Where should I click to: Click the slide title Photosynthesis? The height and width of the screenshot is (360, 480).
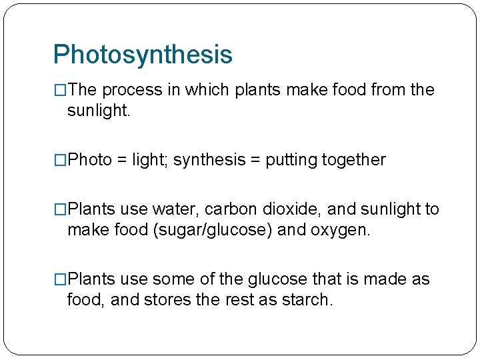(143, 55)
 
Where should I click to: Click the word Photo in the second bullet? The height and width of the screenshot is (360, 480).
(90, 160)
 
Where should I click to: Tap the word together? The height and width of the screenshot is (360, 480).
(353, 160)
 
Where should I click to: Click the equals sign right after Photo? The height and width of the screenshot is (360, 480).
(121, 160)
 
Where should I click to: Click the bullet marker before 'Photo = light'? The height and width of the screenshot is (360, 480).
(61, 160)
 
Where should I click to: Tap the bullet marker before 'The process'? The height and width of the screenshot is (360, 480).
(61, 90)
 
